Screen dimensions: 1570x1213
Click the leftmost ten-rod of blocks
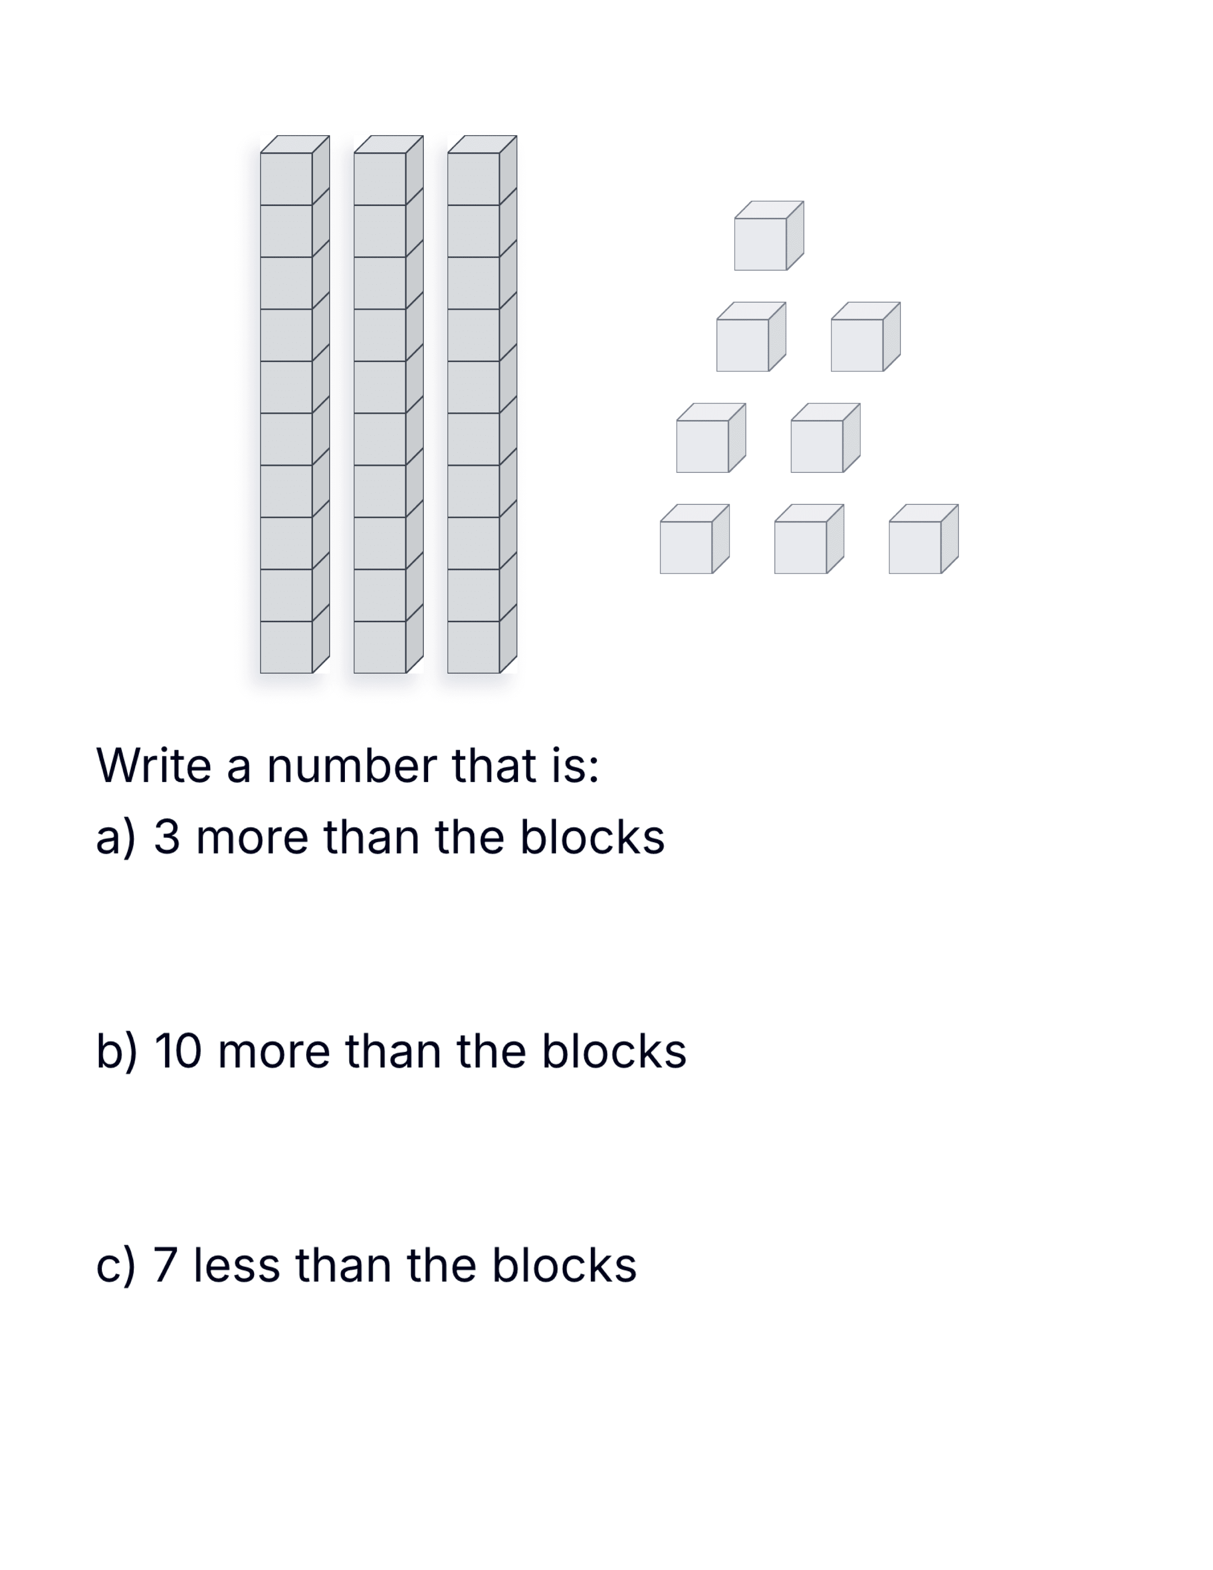294,404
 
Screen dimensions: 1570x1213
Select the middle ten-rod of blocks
388,404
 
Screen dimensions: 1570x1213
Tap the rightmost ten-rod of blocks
481,404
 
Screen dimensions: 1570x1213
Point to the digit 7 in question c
165,1265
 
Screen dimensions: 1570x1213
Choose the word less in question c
236,1265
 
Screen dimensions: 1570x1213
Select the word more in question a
252,839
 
